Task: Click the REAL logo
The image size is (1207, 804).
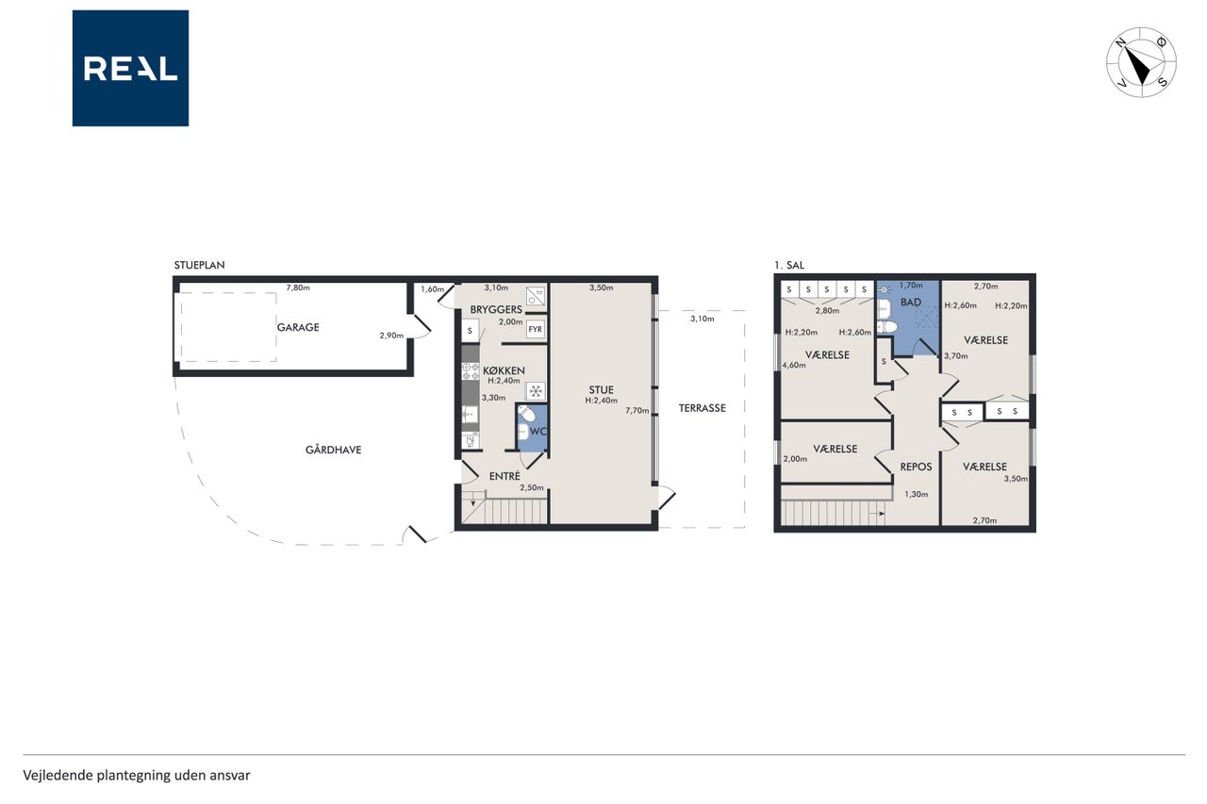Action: tap(130, 69)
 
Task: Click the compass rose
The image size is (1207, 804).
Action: tap(1141, 62)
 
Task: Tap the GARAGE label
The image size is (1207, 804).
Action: tap(298, 327)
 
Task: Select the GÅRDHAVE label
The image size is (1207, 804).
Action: tap(333, 450)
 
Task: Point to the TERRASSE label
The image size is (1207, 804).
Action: tap(703, 408)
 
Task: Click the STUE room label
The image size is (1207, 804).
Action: tap(601, 390)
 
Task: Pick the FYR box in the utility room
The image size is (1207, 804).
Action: tap(535, 329)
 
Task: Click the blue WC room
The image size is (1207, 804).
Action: tap(533, 429)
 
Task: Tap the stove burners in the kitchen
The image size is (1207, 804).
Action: tap(471, 371)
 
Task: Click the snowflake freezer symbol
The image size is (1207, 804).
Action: tap(536, 391)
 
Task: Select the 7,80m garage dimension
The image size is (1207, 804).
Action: tap(298, 287)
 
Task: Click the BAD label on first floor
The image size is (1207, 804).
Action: tap(911, 303)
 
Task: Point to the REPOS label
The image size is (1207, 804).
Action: tap(916, 467)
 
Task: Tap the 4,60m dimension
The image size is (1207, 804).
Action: tap(794, 365)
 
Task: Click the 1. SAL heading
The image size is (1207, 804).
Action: tap(789, 265)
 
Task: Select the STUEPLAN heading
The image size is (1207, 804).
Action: tap(199, 265)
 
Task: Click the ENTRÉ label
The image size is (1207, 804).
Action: tap(504, 476)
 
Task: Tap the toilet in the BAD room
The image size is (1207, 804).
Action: tap(887, 326)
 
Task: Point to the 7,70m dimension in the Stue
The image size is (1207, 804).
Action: tap(637, 410)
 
